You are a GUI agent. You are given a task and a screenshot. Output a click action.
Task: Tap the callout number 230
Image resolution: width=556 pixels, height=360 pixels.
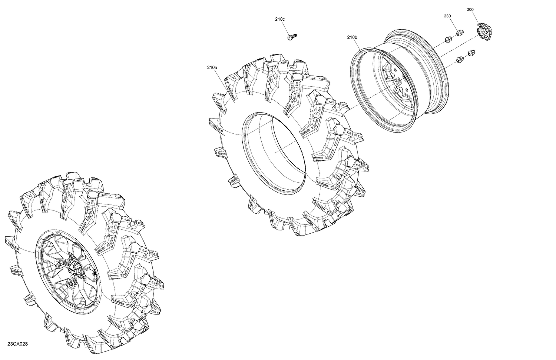tap(447, 16)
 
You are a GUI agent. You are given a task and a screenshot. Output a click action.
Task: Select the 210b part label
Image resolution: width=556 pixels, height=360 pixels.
tap(352, 37)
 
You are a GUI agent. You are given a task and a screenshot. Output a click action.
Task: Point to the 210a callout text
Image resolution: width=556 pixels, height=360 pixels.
tap(212, 67)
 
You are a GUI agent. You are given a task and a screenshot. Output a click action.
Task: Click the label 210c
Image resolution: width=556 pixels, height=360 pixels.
tap(280, 19)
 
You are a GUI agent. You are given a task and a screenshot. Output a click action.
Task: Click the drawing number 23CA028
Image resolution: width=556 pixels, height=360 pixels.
tap(17, 344)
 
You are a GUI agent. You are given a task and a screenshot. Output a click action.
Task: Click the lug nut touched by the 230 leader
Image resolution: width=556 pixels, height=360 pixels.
tap(459, 33)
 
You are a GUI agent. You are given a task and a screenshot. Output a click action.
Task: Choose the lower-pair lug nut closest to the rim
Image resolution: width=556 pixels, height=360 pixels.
tap(460, 59)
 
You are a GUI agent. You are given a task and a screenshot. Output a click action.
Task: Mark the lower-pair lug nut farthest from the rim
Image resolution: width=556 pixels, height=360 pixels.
tap(472, 53)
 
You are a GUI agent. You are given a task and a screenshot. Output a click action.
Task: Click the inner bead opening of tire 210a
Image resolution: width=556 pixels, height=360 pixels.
tap(274, 152)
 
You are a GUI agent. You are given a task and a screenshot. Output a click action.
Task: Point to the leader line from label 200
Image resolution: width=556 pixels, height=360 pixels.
tap(477, 18)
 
